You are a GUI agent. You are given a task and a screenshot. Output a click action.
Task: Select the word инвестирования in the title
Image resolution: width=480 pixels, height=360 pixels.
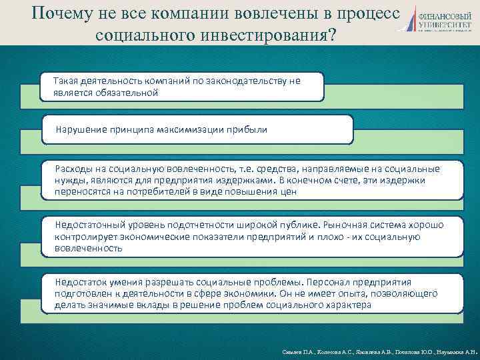coord(255,35)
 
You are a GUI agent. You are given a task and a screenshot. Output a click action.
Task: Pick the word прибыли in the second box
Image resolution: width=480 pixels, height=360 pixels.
coord(249,129)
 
